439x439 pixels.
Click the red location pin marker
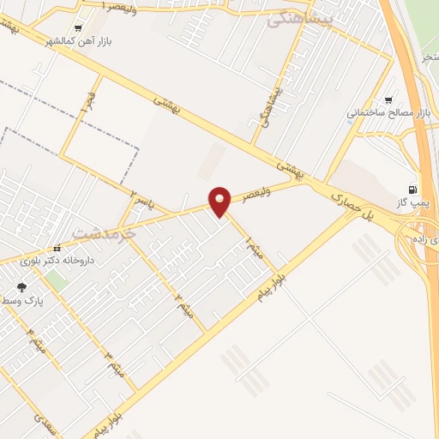[220, 201]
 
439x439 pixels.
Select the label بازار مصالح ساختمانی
[387, 112]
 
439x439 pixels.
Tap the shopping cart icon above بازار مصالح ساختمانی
[390, 99]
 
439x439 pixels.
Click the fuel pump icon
[413, 189]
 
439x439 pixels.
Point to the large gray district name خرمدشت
[105, 232]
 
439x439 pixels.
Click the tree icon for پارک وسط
[21, 288]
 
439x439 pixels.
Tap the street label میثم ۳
[115, 364]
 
